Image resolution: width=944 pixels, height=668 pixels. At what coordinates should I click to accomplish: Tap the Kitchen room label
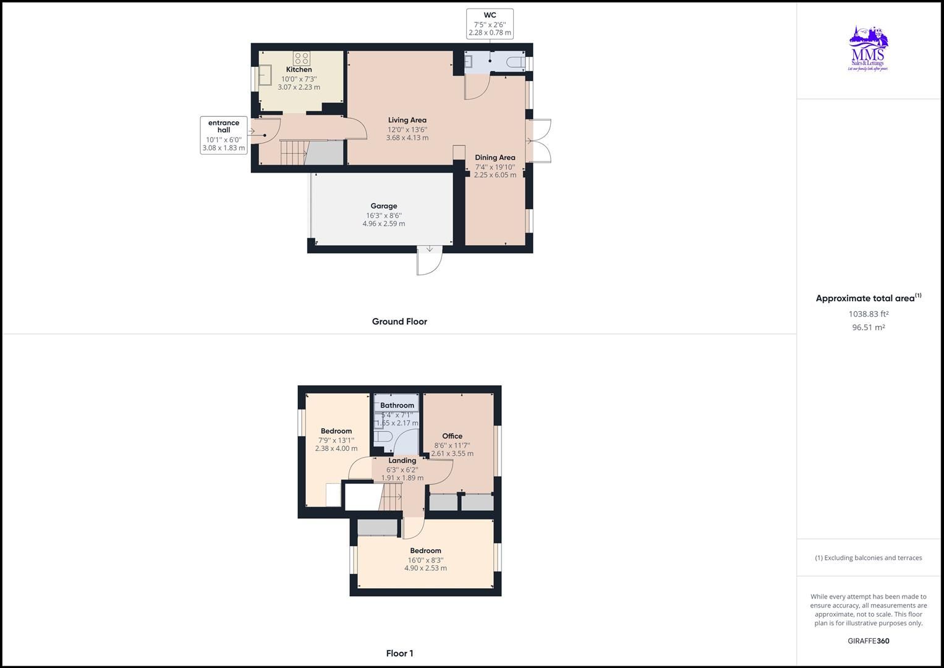(299, 70)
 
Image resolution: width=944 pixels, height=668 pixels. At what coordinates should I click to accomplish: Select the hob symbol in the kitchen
(302, 59)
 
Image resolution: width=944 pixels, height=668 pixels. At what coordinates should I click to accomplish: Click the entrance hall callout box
(224, 135)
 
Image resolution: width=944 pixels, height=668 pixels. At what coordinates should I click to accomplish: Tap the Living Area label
(407, 121)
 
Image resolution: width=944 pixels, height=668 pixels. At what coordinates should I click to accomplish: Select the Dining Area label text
(495, 158)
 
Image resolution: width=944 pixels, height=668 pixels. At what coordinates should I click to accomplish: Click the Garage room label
(383, 207)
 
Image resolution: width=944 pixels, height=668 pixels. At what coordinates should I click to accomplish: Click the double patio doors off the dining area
(538, 141)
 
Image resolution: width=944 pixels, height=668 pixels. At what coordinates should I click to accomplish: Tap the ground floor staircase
(294, 152)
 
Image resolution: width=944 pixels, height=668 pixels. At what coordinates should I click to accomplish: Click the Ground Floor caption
(399, 322)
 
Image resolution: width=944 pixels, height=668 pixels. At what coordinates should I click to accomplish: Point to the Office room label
(452, 436)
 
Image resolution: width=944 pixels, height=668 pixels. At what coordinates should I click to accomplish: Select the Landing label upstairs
(402, 461)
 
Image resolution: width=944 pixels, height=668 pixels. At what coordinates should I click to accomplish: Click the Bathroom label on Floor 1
(397, 406)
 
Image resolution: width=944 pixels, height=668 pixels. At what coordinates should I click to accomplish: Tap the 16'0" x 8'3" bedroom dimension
(425, 560)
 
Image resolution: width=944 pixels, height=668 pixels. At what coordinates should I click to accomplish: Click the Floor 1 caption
(399, 653)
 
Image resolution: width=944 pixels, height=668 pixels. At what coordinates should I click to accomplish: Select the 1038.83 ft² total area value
(868, 314)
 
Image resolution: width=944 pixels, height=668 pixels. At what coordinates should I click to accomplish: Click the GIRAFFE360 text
(868, 641)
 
